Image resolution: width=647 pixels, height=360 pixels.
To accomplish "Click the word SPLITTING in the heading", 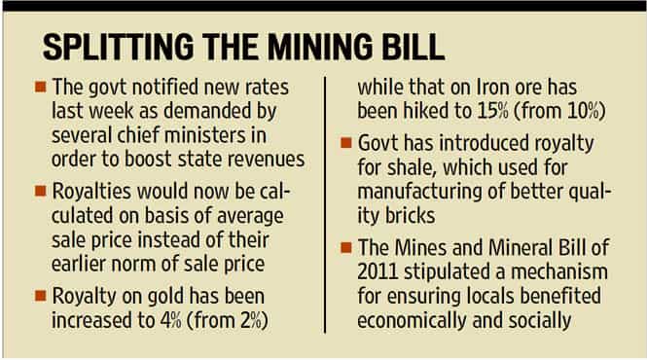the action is (118, 47).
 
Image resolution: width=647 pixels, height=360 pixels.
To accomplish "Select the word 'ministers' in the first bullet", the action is (203, 135).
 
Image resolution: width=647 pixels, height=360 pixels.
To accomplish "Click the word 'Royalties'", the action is (91, 192).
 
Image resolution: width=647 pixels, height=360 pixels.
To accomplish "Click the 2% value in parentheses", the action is (249, 321).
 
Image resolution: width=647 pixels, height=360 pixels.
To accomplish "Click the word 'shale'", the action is (413, 167).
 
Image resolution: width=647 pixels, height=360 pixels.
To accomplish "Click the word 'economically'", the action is (413, 321).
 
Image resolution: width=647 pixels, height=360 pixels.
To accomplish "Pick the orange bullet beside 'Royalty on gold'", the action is (41, 296).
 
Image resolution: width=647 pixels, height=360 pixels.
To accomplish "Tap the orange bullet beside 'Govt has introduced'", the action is (346, 142).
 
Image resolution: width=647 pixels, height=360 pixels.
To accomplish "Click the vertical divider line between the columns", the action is (325, 204).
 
